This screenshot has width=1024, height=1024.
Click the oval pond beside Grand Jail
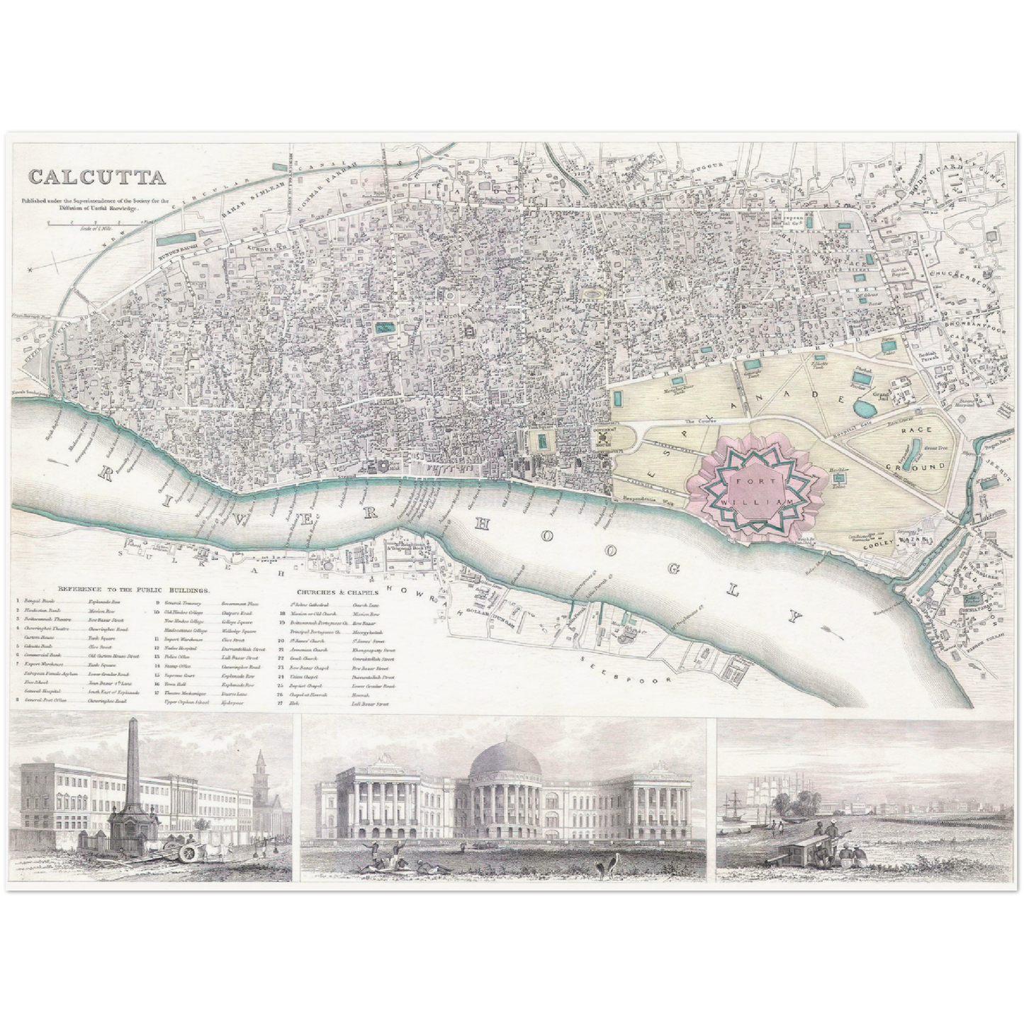coord(865,408)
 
